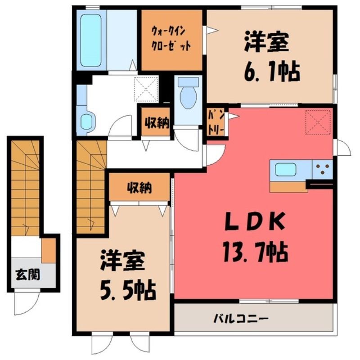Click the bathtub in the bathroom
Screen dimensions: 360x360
pyautogui.click(x=91, y=40)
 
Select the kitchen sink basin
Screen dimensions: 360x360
pyautogui.click(x=286, y=170)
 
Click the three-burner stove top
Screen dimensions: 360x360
pyautogui.click(x=322, y=169)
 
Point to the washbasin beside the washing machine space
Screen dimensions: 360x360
pyautogui.click(x=86, y=121)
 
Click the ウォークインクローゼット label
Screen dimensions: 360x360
pyautogui.click(x=171, y=40)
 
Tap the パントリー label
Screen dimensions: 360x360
pyautogui.click(x=216, y=124)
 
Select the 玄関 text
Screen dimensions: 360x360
pyautogui.click(x=28, y=274)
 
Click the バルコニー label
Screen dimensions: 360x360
pyautogui.click(x=241, y=319)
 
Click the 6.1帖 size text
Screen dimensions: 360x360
pyautogui.click(x=272, y=71)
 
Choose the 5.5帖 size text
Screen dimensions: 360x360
pyautogui.click(x=128, y=290)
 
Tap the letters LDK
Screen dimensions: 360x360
pyautogui.click(x=255, y=222)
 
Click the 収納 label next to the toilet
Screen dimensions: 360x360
pyautogui.click(x=157, y=123)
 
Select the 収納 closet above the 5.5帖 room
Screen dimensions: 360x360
pyautogui.click(x=139, y=187)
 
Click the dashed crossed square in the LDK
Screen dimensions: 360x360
pyautogui.click(x=318, y=122)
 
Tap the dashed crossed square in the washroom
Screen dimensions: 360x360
pyautogui.click(x=146, y=89)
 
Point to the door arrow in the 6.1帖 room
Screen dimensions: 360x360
pyautogui.click(x=211, y=30)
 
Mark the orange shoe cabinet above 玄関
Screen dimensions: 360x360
pyautogui.click(x=49, y=250)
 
